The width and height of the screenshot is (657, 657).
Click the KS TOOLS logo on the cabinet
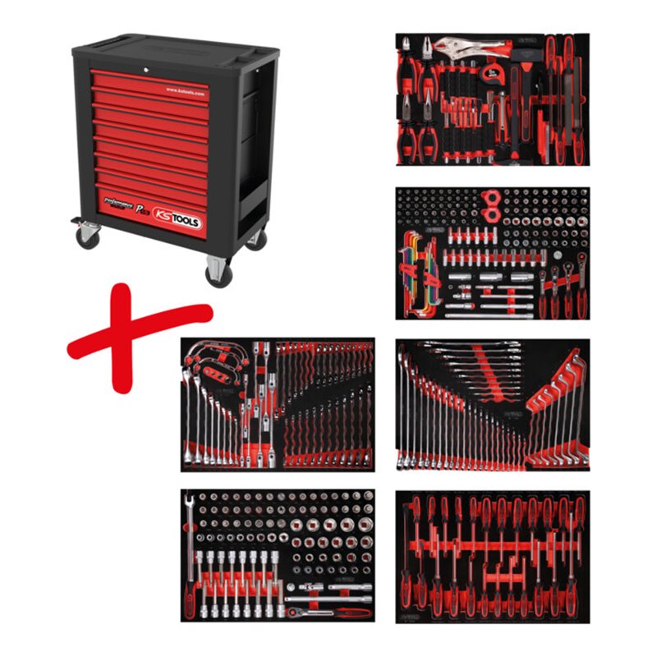(178, 219)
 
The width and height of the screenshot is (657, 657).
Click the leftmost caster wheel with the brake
(86, 235)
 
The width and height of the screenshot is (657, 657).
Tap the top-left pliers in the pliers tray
(409, 53)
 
